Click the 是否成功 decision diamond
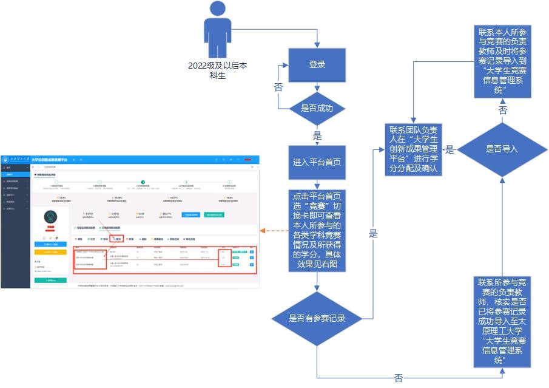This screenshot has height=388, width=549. pos(317,109)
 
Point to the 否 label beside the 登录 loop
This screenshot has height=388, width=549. pos(278,87)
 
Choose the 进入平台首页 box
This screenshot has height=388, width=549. pos(317,163)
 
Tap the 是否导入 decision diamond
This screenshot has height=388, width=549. pos(502,148)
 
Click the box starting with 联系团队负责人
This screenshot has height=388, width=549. pos(414,149)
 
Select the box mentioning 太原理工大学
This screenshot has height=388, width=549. pos(502,321)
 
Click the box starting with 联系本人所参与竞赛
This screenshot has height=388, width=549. pos(502,61)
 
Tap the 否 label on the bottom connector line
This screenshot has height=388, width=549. pos(399,378)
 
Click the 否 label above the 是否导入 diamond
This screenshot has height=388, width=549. pos(503,111)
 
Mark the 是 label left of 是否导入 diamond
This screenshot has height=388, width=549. pos(450,149)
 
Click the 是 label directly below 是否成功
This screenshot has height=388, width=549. pos(317,135)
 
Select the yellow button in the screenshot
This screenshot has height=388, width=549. pos(50,252)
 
